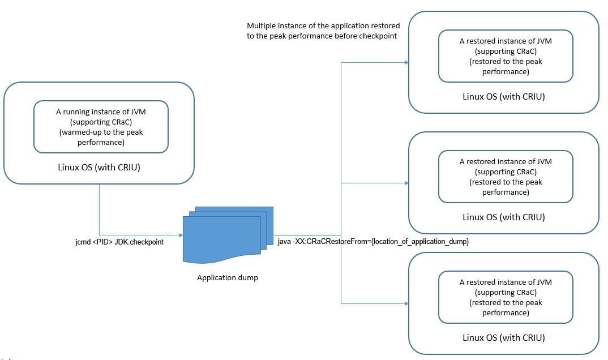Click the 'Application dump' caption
click(x=227, y=277)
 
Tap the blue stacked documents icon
click(x=228, y=235)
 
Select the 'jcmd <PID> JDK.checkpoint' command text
click(x=119, y=242)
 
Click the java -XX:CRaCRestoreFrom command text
click(x=373, y=242)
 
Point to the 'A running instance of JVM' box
click(x=101, y=127)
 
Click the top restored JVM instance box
click(x=506, y=56)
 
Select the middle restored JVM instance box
click(x=506, y=176)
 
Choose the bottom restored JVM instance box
click(x=506, y=297)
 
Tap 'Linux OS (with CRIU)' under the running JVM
click(x=99, y=168)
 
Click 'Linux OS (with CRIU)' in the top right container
click(x=504, y=96)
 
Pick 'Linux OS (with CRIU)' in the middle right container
click(x=504, y=217)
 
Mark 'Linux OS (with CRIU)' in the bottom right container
click(x=504, y=337)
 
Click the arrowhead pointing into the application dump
click(x=181, y=235)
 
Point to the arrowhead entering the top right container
click(x=406, y=62)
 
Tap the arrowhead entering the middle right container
click(x=406, y=183)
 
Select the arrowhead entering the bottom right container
click(x=406, y=303)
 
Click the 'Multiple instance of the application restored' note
click(x=323, y=31)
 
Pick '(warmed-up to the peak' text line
click(x=101, y=132)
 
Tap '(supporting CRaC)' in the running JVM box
click(x=101, y=122)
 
